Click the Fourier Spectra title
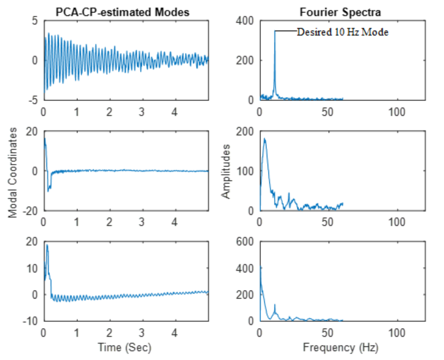coord(342,10)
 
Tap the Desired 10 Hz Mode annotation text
coord(343,32)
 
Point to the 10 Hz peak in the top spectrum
coord(275,32)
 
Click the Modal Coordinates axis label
coord(13,172)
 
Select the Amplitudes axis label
coord(227,171)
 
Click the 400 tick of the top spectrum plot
coord(246,21)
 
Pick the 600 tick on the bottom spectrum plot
coord(246,242)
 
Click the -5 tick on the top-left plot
coord(33,99)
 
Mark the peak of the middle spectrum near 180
coord(264,139)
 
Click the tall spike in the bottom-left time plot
coord(47,245)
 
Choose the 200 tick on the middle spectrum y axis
coord(246,131)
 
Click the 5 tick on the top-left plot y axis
coord(35,21)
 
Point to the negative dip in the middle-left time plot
coord(48,191)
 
